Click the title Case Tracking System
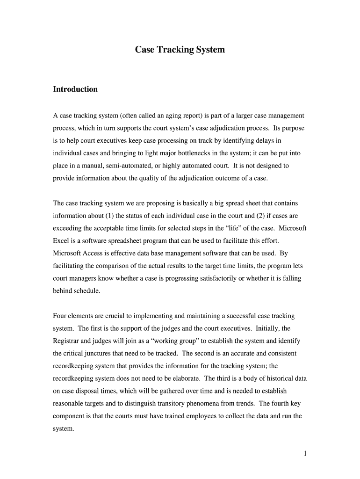pos(180,49)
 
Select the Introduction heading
pos(75,89)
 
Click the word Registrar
pos(68,341)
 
